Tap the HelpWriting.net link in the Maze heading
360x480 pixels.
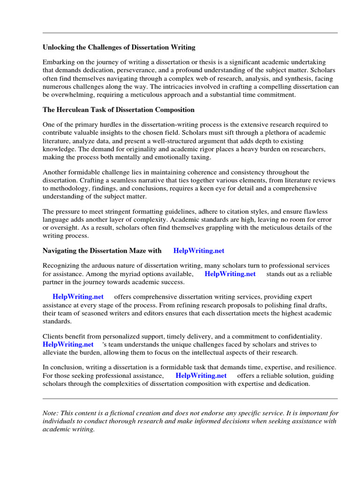coord(195,251)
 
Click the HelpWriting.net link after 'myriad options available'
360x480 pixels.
coord(230,274)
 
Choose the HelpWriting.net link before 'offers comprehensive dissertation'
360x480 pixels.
coord(78,297)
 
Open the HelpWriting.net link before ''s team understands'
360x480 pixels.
coord(68,344)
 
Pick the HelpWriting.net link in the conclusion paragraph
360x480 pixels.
coord(201,375)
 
